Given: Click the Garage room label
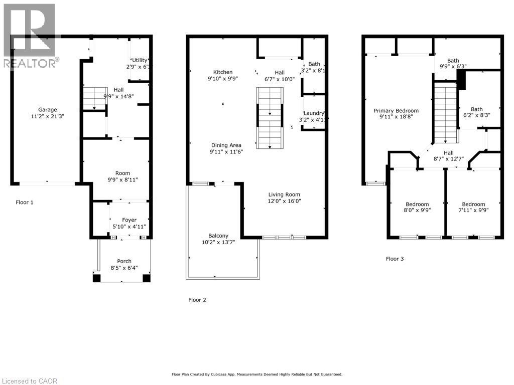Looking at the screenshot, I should coord(48,110).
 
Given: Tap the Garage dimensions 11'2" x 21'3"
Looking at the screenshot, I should coord(48,116).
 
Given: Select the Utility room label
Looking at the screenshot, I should coord(140,60).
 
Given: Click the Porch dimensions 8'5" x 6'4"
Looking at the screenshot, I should coord(124,268).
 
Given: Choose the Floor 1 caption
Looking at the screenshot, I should coord(24,203).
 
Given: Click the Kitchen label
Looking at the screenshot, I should coord(223,72).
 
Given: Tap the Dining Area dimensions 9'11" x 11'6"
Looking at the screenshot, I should coord(226,152).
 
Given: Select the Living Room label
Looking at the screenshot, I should coord(284,195).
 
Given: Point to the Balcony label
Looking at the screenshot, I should coord(218,236).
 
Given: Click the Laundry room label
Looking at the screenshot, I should coord(314,113).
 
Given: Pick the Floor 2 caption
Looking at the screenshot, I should coord(197,300).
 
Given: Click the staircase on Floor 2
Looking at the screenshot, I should coord(270,118).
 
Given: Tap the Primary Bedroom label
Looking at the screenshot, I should coord(396,111).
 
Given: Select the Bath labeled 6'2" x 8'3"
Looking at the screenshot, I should coord(476,109).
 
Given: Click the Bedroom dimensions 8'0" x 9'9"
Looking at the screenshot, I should coord(417,211).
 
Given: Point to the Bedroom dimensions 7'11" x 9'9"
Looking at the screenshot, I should coord(473,211).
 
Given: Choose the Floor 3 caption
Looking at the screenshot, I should coord(395,259).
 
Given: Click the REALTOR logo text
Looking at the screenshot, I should coord(30,63).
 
